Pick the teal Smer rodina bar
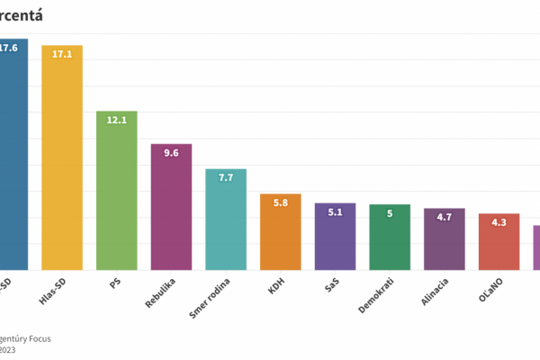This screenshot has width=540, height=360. (226, 220)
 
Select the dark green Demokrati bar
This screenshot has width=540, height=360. (390, 238)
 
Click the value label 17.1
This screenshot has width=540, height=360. (62, 54)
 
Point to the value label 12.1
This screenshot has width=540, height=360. (117, 121)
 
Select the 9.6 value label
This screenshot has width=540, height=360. (171, 153)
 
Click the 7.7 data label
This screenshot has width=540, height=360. (226, 178)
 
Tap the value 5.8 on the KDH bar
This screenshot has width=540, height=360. (281, 203)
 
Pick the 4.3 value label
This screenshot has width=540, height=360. (499, 222)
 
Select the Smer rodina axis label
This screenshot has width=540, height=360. (215, 297)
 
